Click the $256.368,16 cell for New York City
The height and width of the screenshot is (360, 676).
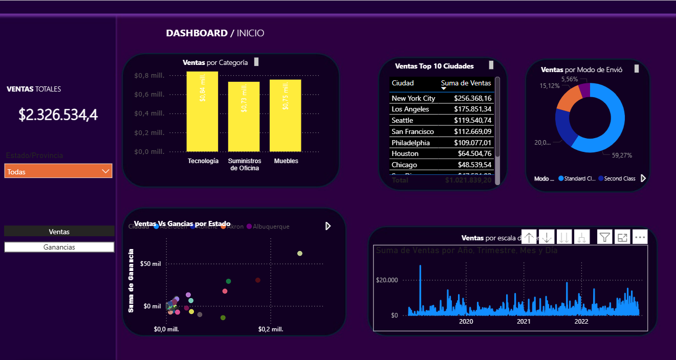(x=472, y=98)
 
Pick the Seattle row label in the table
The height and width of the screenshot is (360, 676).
(x=404, y=120)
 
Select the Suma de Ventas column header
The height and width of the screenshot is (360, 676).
(x=466, y=83)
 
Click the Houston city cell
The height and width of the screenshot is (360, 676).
(x=405, y=153)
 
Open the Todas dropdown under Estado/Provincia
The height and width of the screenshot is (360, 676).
(x=58, y=171)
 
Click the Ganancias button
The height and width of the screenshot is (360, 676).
(x=59, y=247)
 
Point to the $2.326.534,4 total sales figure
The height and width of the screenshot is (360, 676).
(x=58, y=115)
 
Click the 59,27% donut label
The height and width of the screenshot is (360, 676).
(x=621, y=155)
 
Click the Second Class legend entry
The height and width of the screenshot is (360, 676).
(x=619, y=178)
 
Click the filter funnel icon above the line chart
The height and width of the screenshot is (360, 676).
(x=605, y=237)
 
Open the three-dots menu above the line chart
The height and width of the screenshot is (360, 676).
(x=640, y=237)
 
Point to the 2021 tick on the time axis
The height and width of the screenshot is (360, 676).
(x=524, y=322)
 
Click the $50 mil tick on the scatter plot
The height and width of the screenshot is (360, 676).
(x=151, y=264)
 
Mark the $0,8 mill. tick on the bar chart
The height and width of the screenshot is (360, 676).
(x=149, y=76)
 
